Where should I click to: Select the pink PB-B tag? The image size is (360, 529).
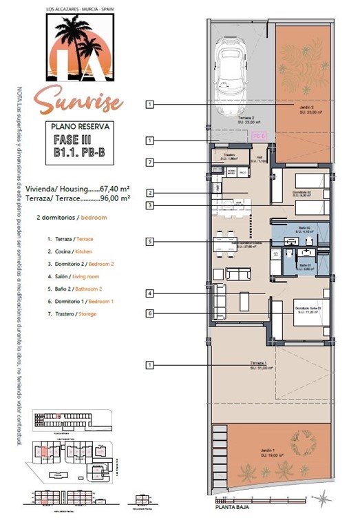pos(259,136)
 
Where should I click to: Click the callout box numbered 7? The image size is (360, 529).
pos(149,162)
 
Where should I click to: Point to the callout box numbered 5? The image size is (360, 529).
pos(149,242)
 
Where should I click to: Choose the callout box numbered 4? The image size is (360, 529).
pos(149,293)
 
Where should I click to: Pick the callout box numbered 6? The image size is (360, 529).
pos(149,313)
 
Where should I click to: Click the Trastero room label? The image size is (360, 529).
pos(231,156)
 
